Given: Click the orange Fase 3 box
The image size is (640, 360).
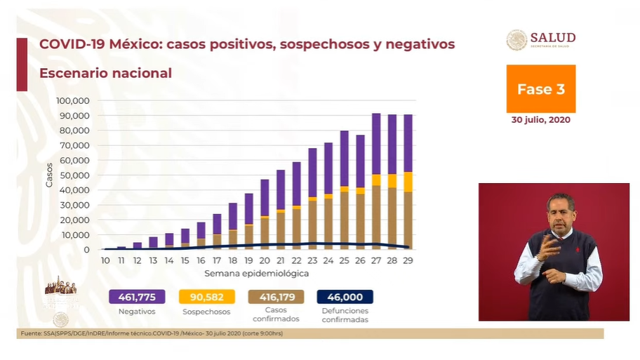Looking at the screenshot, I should click(x=540, y=89).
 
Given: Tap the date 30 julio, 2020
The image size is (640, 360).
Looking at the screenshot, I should click(x=540, y=120).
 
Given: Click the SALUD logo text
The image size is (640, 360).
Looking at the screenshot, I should click(x=553, y=38).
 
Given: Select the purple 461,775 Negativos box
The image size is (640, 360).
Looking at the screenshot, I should click(x=137, y=297).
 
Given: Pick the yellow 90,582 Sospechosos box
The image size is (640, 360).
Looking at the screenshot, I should click(x=206, y=297).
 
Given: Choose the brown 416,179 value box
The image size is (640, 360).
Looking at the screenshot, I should click(x=275, y=297).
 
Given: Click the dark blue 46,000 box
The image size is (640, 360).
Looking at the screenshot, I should click(x=345, y=297).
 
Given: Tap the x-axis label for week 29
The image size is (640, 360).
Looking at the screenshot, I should click(x=408, y=260).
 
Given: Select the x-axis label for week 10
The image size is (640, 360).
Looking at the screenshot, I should click(x=105, y=260).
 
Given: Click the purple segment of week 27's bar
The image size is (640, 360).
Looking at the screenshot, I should click(x=376, y=143).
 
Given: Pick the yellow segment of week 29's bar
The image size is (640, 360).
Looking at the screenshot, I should click(x=408, y=182).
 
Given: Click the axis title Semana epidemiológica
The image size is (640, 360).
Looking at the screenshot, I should click(x=256, y=272).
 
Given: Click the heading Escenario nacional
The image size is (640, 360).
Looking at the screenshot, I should click(x=105, y=73).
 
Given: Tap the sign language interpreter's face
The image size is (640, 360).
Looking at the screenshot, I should click(x=560, y=211).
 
